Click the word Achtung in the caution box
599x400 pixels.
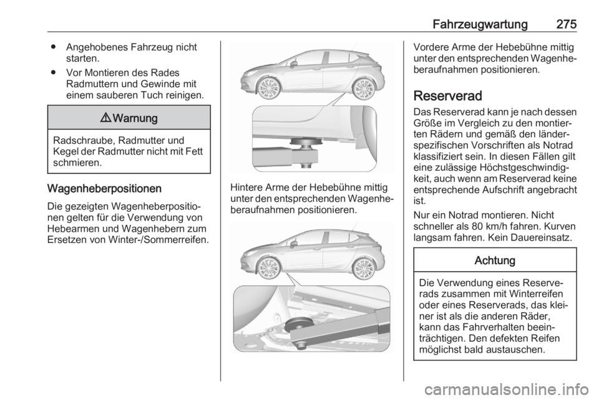pyautogui.click(x=495, y=260)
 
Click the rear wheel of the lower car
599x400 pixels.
pyautogui.click(x=363, y=266)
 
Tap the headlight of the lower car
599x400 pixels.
pyautogui.click(x=245, y=256)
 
